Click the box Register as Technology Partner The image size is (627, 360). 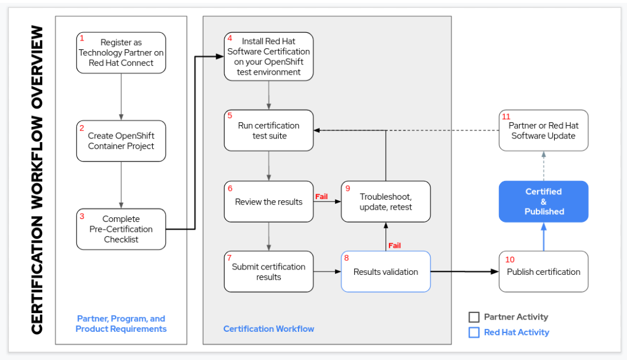[121, 52]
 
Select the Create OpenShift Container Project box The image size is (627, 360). [121, 141]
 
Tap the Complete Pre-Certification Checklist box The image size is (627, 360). [121, 229]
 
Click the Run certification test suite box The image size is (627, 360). [269, 130]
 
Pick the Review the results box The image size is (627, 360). [269, 201]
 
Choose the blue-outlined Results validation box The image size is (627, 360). [386, 272]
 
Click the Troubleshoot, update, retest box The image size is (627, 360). [386, 201]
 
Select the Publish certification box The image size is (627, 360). [544, 272]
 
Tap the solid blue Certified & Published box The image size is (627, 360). [544, 201]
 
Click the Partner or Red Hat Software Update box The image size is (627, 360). [544, 130]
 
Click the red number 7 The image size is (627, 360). [230, 257]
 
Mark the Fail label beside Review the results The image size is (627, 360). [321, 197]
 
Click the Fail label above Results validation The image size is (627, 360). [394, 245]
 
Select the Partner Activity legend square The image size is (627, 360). [474, 317]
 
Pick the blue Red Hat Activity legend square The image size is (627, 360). [474, 332]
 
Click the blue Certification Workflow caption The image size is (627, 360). [269, 329]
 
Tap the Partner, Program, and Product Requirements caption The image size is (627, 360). [121, 324]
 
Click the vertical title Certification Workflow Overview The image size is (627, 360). [36, 180]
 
